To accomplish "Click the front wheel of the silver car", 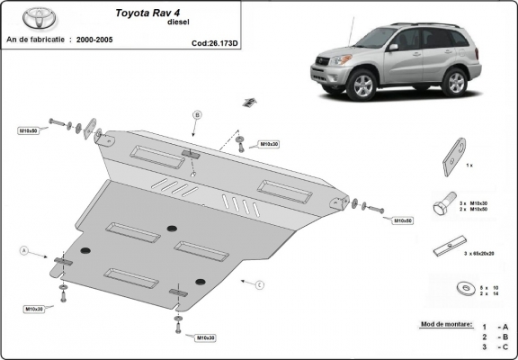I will pyautogui.click(x=362, y=85).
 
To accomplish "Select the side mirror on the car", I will pyautogui.click(x=393, y=47).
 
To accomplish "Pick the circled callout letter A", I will pyautogui.click(x=24, y=248).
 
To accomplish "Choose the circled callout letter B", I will pyautogui.click(x=197, y=114).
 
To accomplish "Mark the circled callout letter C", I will pyautogui.click(x=259, y=285).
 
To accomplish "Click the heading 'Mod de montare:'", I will pyautogui.click(x=445, y=321).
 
